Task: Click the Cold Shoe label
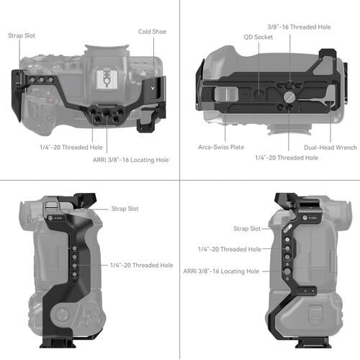coord(153,32)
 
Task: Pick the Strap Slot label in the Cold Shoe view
coord(22,34)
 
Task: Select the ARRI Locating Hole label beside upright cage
coord(220,271)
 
